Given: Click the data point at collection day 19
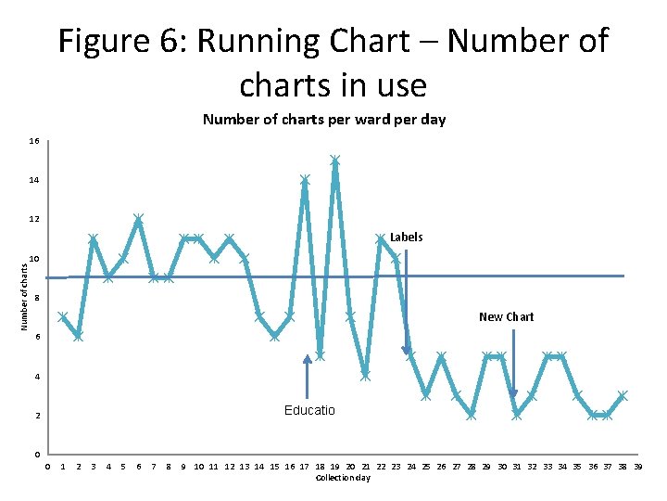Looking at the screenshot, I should (334, 160).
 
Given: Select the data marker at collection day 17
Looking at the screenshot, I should (305, 179).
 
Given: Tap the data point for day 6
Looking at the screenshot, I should (138, 219).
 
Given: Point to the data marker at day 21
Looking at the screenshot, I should (365, 375).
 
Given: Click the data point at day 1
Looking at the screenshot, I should (63, 316).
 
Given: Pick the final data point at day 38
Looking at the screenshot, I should (623, 395).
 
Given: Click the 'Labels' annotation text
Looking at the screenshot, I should (406, 238).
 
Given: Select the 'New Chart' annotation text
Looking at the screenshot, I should (506, 317).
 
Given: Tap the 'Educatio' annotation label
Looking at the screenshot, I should (309, 410).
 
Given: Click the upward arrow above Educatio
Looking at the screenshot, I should (308, 376).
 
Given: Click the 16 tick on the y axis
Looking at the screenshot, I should (33, 141).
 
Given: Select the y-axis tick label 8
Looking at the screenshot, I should (36, 298).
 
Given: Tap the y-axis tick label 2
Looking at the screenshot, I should (36, 416).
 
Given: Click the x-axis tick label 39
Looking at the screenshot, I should (637, 467).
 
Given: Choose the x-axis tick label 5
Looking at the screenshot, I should (123, 467).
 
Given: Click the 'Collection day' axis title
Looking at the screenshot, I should (343, 478).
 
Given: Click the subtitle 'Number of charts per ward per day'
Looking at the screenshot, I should (324, 120).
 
